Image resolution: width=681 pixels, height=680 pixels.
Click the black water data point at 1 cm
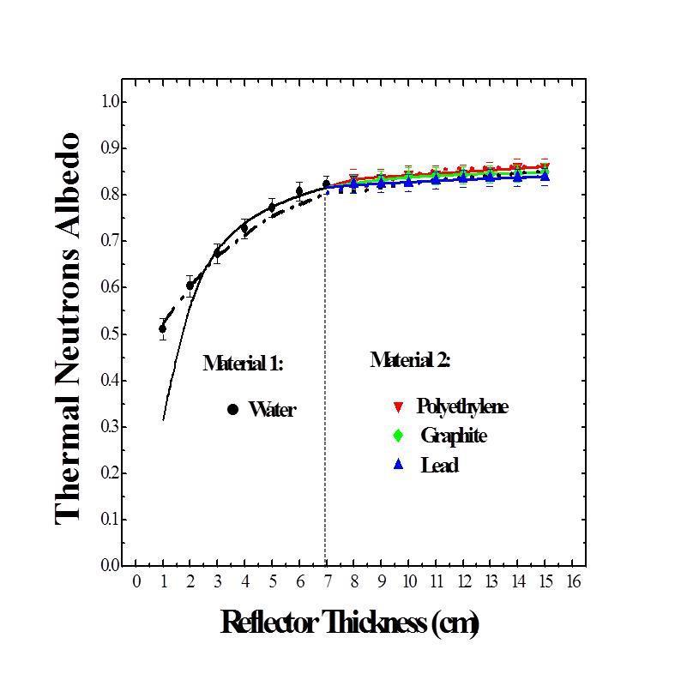click(x=163, y=328)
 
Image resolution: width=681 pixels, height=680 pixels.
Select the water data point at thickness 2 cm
click(x=190, y=286)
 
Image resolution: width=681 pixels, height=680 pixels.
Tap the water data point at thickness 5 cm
click(x=272, y=207)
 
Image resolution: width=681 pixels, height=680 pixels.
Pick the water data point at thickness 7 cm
click(x=326, y=184)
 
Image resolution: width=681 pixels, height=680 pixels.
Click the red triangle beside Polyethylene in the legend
click(x=398, y=406)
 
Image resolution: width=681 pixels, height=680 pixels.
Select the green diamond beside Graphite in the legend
click(x=398, y=436)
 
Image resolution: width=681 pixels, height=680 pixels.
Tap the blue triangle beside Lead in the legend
click(x=398, y=465)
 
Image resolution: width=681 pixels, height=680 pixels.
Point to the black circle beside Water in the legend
click(x=232, y=410)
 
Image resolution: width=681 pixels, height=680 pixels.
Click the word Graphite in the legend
click(x=453, y=436)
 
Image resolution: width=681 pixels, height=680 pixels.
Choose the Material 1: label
click(x=243, y=363)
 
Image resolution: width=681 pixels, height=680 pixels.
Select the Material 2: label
click(x=410, y=360)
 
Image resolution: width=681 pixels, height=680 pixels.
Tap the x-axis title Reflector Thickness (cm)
click(x=349, y=622)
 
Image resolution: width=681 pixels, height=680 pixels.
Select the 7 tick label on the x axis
click(x=326, y=582)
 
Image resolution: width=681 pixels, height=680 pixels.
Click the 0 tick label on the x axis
click(x=136, y=582)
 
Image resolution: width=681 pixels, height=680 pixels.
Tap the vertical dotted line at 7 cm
click(x=325, y=386)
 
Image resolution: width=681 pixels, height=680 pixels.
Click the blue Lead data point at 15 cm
click(x=545, y=177)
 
